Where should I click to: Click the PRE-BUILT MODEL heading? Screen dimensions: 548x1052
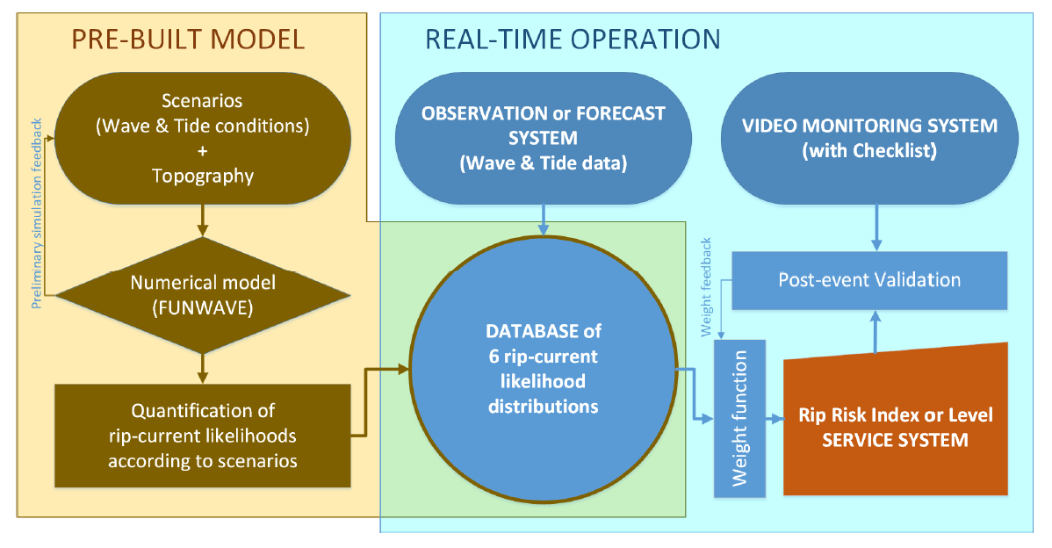pos(188,39)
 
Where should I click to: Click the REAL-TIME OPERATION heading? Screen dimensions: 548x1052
pos(573,39)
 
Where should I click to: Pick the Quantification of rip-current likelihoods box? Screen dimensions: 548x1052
pos(203,435)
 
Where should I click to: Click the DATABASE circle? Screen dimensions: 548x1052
pos(544,369)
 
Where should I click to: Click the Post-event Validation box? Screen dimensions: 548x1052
pos(869,280)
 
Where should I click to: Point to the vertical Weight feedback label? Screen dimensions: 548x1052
pos(707,286)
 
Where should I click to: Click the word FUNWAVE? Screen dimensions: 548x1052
pos(203,306)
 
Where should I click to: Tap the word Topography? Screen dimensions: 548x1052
pos(203,176)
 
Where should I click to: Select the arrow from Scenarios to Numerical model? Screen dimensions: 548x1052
pos(203,221)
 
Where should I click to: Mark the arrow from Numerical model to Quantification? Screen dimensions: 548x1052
pos(203,367)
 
